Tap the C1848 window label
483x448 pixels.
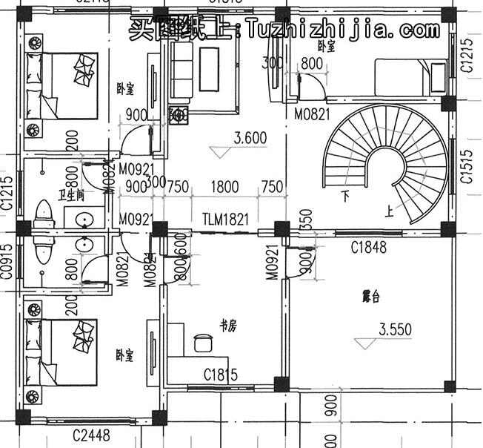(368, 246)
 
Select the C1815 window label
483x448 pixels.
(221, 375)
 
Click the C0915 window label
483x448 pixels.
(7, 263)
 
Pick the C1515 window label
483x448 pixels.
(467, 168)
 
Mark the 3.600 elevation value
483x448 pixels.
(250, 138)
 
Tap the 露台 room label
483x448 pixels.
(370, 297)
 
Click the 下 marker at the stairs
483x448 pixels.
(345, 197)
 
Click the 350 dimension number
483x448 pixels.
(304, 220)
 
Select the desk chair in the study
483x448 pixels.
(201, 343)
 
